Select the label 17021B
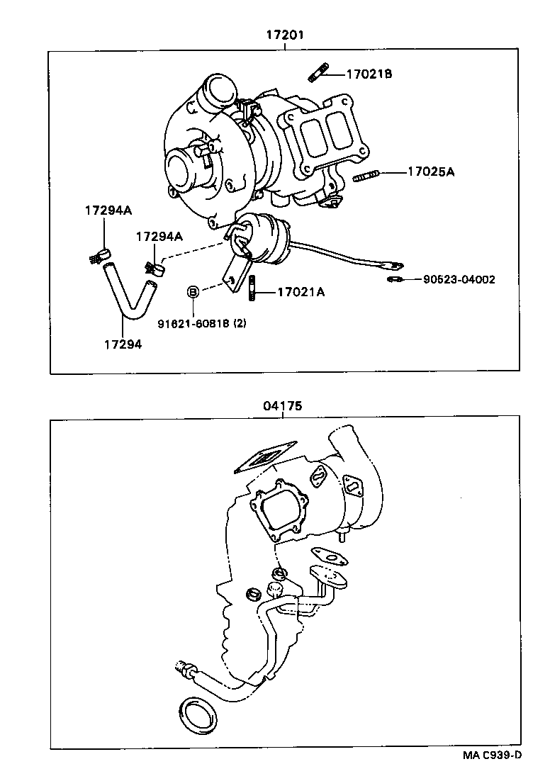click(x=369, y=74)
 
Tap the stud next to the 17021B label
click(x=318, y=71)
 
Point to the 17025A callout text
click(x=430, y=171)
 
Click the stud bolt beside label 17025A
click(x=365, y=175)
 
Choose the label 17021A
click(x=301, y=291)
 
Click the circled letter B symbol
click(x=192, y=291)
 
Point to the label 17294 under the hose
click(x=123, y=344)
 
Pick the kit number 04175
click(x=282, y=406)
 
